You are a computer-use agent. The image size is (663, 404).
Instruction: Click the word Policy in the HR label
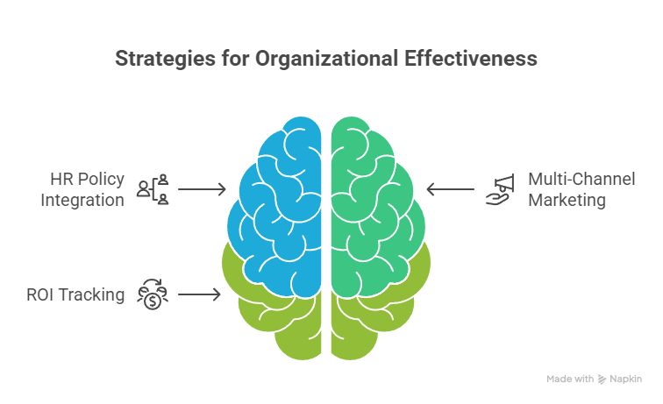click(x=99, y=179)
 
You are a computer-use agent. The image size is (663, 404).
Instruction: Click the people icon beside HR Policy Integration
click(x=153, y=189)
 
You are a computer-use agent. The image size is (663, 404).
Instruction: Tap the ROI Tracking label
click(x=75, y=294)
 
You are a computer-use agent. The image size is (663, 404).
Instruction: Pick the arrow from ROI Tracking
click(x=200, y=294)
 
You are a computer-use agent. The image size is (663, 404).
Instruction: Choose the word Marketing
click(x=567, y=200)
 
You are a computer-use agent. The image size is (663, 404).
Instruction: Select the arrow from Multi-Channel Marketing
click(x=448, y=189)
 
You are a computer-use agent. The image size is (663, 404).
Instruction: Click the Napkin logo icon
click(x=602, y=379)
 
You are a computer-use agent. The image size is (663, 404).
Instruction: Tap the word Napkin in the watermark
click(x=626, y=379)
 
